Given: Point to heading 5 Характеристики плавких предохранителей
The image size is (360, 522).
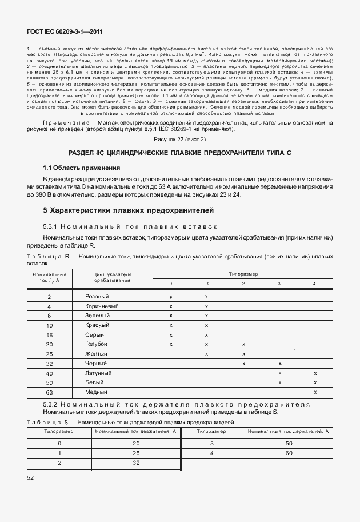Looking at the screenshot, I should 127,210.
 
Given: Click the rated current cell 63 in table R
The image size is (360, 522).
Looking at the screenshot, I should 49,393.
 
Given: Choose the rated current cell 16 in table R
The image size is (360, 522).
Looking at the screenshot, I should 49,334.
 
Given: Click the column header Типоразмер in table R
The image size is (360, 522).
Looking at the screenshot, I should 243,274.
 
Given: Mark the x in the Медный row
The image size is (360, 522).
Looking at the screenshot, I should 315,392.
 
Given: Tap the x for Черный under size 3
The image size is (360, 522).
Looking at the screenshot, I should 279,364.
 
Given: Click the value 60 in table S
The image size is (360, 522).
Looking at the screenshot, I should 289,453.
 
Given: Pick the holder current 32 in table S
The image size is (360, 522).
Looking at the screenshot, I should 136,463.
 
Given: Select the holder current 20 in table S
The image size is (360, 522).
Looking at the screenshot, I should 136,443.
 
